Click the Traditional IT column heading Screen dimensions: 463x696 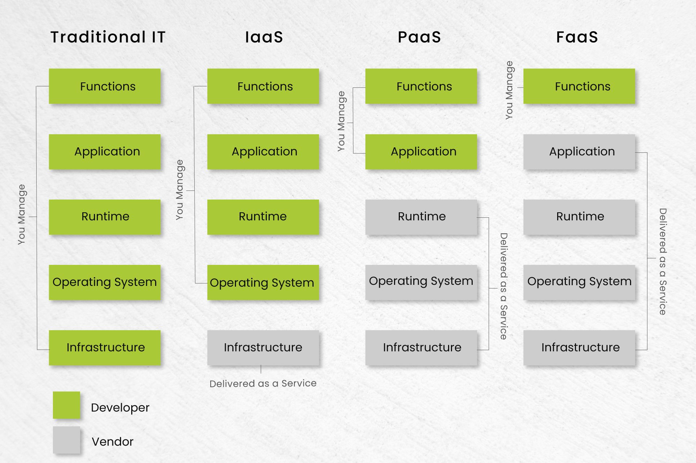[x=108, y=37]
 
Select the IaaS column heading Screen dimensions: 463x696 [x=264, y=37]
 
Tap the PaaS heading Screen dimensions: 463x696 [x=419, y=37]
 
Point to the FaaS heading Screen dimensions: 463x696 [x=577, y=37]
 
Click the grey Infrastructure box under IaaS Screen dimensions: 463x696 [x=263, y=348]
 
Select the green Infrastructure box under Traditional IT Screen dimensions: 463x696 [x=105, y=348]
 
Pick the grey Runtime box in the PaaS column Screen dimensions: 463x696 [x=421, y=217]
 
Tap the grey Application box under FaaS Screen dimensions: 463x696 [x=579, y=152]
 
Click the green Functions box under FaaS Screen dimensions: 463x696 [x=579, y=86]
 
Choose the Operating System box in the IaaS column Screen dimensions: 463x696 [x=263, y=282]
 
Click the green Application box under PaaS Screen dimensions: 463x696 [x=421, y=152]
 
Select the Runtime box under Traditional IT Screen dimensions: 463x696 [x=105, y=217]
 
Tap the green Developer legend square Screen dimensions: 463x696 [x=66, y=405]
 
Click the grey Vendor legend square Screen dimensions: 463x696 [x=66, y=440]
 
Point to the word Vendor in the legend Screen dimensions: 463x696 [x=112, y=442]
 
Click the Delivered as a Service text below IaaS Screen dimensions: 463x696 [x=263, y=384]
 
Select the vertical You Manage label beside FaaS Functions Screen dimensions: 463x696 [x=509, y=90]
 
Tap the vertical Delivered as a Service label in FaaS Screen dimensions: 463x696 [x=663, y=261]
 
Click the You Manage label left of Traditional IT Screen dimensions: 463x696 [x=22, y=214]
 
